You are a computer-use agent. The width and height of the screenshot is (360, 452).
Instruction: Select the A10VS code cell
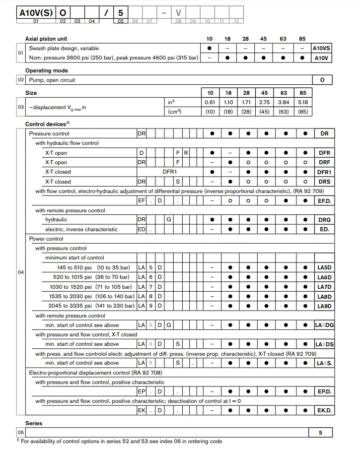click(322, 48)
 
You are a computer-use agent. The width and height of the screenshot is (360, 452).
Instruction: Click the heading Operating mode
click(47, 70)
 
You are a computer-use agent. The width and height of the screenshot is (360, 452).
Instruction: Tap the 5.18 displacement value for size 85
click(303, 102)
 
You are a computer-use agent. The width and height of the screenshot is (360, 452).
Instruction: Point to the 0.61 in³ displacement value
click(210, 102)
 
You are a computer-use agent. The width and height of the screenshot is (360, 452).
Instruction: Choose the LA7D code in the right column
click(324, 287)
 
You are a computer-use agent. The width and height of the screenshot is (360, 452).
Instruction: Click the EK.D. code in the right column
click(324, 410)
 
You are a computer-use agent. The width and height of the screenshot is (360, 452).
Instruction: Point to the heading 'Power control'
click(46, 239)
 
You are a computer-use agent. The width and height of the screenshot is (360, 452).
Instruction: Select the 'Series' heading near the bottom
click(34, 423)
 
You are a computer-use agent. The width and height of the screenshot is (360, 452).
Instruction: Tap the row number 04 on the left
click(20, 272)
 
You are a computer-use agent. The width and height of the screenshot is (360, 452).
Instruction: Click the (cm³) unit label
click(175, 112)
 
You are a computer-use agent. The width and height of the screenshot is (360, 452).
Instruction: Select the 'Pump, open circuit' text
click(52, 80)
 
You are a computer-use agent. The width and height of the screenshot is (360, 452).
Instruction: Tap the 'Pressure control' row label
click(49, 133)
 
